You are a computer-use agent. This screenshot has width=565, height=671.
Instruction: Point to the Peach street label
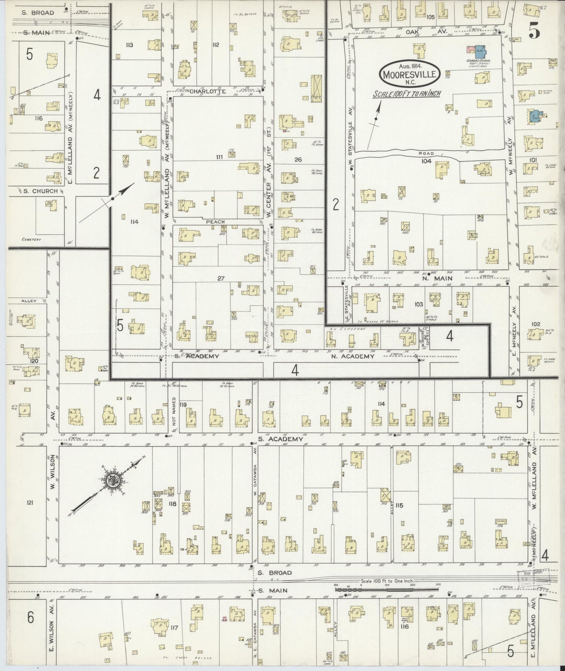pos(215,222)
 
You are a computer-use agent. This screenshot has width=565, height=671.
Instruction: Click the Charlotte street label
pos(202,91)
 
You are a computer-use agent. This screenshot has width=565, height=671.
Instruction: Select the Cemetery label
pos(32,239)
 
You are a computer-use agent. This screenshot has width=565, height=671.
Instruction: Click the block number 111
pos(219,157)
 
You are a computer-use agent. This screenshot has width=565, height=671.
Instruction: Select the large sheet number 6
pos(31,617)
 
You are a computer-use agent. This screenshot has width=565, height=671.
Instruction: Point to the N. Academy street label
pos(353,356)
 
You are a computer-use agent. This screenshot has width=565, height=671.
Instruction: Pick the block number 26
pos(298,159)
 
